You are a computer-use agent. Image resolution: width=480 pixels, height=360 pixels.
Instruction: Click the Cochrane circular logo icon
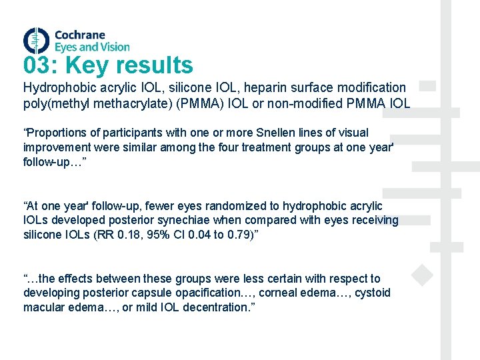pyautogui.click(x=36, y=41)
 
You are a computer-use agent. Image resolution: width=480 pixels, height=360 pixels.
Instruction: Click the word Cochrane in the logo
pyautogui.click(x=79, y=35)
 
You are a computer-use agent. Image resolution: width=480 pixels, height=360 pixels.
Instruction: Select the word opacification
pyautogui.click(x=214, y=293)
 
